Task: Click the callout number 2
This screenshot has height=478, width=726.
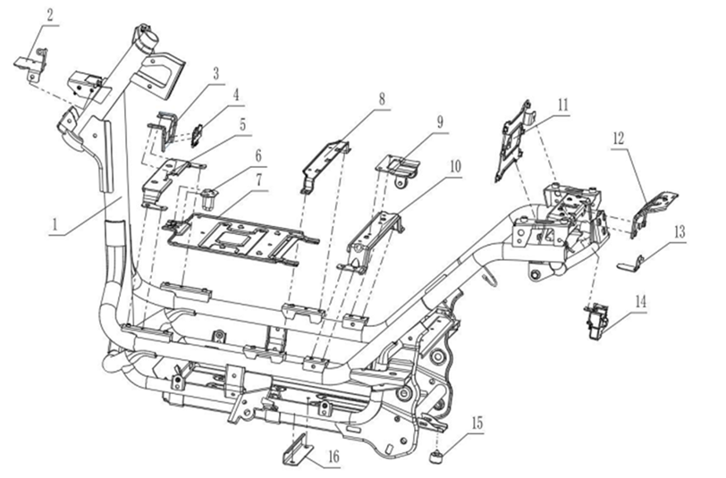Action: tap(49, 15)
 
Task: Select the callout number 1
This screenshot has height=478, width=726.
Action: tap(55, 225)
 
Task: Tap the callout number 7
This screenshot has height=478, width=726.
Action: tap(258, 180)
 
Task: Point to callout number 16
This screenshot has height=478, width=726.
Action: tap(333, 457)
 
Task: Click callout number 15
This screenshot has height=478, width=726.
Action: tap(477, 423)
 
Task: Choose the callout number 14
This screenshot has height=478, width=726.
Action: tap(640, 302)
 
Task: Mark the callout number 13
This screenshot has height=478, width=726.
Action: tap(680, 231)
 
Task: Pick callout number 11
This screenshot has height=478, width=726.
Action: tap(562, 105)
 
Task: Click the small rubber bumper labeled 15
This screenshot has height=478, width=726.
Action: tap(436, 457)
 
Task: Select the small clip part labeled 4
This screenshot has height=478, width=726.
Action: tap(198, 135)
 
